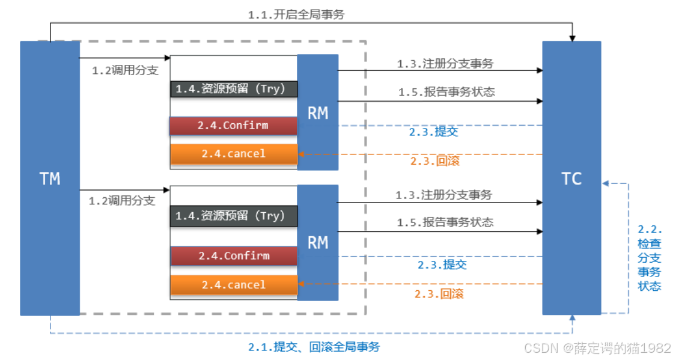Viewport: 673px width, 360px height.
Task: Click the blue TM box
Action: tap(50, 178)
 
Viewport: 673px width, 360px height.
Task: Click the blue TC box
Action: tap(571, 178)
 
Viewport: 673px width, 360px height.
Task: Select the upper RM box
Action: tap(318, 112)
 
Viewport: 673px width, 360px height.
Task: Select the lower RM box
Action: tap(318, 242)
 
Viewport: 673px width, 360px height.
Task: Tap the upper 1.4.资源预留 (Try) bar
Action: tap(234, 89)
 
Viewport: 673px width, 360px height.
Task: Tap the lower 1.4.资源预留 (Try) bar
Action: tap(234, 215)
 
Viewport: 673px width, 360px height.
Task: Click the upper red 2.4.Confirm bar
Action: tap(234, 126)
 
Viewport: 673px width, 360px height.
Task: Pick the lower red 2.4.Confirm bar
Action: tap(234, 255)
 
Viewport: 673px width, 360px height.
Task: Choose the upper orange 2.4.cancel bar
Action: tap(234, 154)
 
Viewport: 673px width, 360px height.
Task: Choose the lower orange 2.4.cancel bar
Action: tap(234, 285)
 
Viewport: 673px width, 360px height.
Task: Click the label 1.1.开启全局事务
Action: tap(296, 15)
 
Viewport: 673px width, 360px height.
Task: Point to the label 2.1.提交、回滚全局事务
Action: tap(314, 347)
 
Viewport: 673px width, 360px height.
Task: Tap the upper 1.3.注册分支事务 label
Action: tap(445, 63)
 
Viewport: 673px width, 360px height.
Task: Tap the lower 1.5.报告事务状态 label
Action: tap(445, 222)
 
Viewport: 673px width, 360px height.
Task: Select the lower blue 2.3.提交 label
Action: tap(442, 264)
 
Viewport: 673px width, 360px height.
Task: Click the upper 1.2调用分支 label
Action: tap(125, 70)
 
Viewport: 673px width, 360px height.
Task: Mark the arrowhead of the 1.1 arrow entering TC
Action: tap(572, 38)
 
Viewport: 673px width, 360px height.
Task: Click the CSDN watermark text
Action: tap(597, 348)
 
